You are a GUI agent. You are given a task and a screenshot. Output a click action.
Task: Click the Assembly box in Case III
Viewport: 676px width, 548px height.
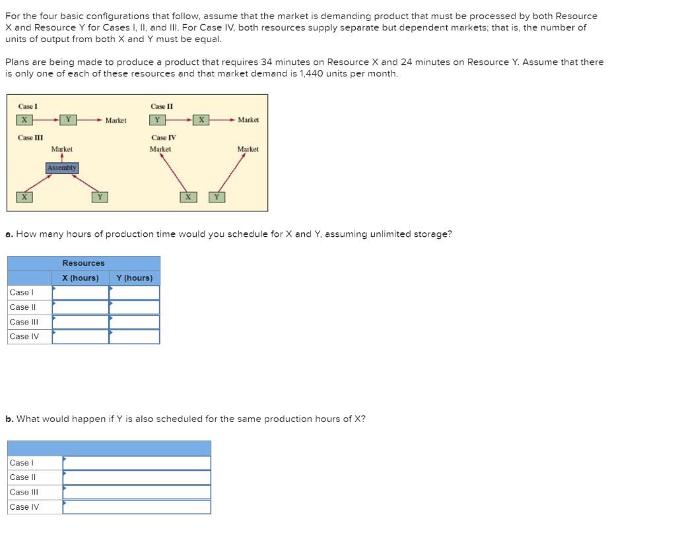tap(62, 168)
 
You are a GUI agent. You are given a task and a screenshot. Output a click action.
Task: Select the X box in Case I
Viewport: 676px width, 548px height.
tap(24, 120)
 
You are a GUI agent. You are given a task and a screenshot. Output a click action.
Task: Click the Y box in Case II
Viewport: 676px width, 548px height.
tap(157, 120)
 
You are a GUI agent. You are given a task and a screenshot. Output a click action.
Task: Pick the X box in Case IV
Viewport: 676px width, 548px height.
tap(187, 197)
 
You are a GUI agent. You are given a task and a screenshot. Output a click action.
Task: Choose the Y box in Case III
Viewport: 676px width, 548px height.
tap(99, 197)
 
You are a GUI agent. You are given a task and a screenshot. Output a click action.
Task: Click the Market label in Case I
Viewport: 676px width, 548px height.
tap(116, 121)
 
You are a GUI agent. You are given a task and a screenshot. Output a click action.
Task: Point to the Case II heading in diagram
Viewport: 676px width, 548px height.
tap(162, 106)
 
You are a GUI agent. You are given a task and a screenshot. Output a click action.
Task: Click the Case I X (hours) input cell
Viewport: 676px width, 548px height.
tap(81, 292)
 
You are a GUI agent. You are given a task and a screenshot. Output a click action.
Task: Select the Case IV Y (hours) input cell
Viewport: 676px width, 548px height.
tap(135, 336)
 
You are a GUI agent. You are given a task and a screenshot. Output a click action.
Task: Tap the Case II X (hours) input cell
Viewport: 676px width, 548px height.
tap(81, 307)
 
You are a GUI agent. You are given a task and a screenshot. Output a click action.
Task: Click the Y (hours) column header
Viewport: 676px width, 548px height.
tap(134, 278)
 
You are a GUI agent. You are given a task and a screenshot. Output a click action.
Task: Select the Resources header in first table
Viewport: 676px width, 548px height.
tap(84, 263)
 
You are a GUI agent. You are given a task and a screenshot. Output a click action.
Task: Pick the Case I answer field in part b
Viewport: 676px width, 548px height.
tap(137, 463)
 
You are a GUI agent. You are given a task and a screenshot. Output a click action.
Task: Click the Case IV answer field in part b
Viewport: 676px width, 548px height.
tap(137, 507)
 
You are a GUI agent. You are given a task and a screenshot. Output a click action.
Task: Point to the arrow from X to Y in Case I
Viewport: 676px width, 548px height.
tap(45, 120)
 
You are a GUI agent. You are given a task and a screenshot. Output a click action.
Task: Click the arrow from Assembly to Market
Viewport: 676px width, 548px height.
tap(62, 158)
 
